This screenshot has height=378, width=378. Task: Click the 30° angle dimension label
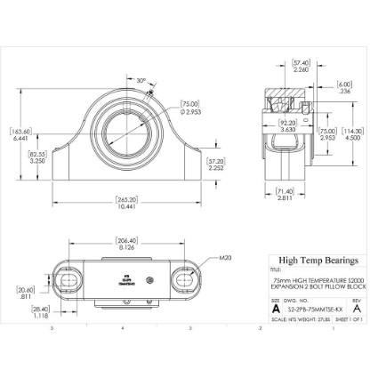(x=141, y=80)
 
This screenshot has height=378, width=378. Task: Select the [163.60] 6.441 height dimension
(x=20, y=135)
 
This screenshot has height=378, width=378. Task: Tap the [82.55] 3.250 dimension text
(x=37, y=157)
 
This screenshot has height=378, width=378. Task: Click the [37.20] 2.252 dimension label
(x=216, y=164)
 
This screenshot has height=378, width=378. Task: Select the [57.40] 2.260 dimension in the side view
(x=300, y=65)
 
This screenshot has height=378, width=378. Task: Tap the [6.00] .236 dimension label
(x=344, y=87)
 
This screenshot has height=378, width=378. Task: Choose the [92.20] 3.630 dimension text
(x=288, y=126)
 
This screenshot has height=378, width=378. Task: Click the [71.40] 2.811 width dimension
(x=285, y=194)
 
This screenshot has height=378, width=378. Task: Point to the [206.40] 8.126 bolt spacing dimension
(x=126, y=243)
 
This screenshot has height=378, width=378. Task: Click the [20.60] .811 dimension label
(x=25, y=292)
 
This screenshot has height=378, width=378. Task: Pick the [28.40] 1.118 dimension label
(x=40, y=311)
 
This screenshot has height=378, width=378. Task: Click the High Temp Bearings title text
(x=318, y=261)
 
